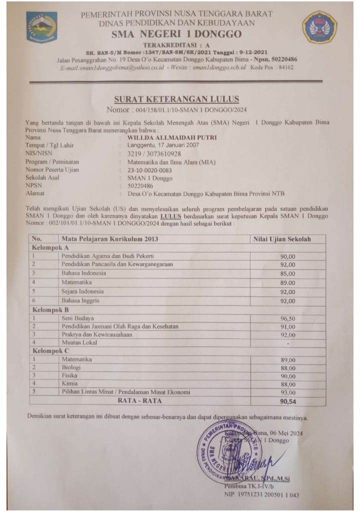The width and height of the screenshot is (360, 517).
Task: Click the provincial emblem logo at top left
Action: click(x=41, y=27)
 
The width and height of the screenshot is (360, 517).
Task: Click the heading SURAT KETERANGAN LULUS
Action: click(x=176, y=99)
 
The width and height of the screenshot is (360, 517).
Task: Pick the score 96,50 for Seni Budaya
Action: click(x=287, y=318)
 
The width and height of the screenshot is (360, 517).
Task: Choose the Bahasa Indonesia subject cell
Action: click(x=83, y=273)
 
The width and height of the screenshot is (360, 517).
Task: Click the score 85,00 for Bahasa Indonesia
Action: click(x=287, y=273)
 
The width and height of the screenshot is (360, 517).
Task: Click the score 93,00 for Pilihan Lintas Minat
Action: click(x=287, y=392)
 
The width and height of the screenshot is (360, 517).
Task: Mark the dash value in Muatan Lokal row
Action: click(x=287, y=343)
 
